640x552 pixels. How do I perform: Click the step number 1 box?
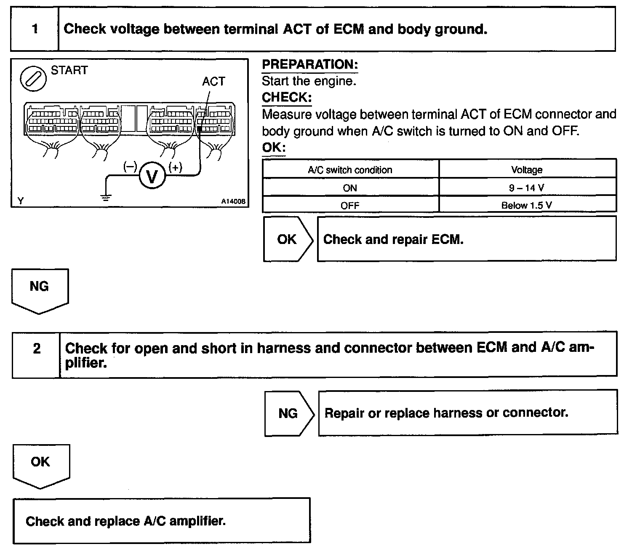tap(35, 29)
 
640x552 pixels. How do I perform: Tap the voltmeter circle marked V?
tap(152, 175)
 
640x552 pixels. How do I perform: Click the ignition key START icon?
tap(33, 79)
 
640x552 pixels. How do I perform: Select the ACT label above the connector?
tap(213, 81)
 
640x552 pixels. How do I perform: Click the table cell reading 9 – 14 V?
tap(527, 188)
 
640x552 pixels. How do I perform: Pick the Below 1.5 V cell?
tap(527, 206)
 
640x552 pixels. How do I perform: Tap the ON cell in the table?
tap(350, 188)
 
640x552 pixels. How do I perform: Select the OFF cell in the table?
tap(350, 206)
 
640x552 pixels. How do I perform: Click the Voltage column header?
tap(527, 170)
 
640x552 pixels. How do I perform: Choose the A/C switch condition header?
tap(350, 170)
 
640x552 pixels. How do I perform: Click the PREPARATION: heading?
tap(310, 64)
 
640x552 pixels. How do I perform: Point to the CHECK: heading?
tap(287, 97)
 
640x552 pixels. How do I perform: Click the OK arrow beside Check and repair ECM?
tap(288, 239)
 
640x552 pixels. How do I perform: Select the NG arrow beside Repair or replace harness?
tap(289, 413)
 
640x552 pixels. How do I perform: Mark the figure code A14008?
tap(233, 201)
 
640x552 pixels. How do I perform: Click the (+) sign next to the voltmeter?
tap(175, 167)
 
